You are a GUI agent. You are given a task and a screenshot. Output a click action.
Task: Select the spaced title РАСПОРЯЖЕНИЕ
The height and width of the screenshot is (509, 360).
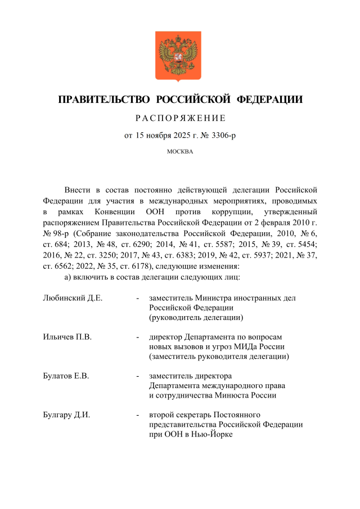pos(180,118)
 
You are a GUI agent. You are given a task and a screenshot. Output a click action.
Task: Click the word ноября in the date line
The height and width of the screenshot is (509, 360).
pos(161,136)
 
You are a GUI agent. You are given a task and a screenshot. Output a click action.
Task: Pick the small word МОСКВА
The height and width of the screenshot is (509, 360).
pos(180,151)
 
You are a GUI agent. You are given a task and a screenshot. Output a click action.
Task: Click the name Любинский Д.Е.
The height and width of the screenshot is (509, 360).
pos(73,298)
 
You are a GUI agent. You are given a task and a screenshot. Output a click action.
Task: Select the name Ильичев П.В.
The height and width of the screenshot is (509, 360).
pos(67,337)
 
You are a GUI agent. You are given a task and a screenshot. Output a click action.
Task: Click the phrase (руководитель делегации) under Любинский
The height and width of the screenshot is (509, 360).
pos(192,318)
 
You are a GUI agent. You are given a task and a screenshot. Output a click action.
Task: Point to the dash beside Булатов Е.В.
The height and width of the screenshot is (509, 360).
pos(138,376)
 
